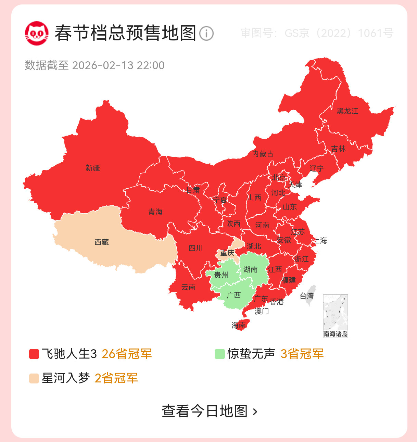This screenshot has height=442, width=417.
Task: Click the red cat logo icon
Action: pyautogui.click(x=36, y=33)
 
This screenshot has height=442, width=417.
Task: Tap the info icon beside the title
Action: pyautogui.click(x=206, y=34)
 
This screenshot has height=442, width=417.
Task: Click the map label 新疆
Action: pyautogui.click(x=93, y=168)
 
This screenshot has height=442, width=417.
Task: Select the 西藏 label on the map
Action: pyautogui.click(x=102, y=242)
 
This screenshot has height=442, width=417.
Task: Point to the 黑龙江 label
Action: pyautogui.click(x=347, y=111)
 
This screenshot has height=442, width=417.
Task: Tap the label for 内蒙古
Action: pyautogui.click(x=263, y=154)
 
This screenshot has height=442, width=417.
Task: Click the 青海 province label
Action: pyautogui.click(x=155, y=212)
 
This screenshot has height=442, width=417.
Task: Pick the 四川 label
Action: pyautogui.click(x=196, y=248)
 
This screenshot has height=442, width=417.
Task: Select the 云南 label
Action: pyautogui.click(x=188, y=287)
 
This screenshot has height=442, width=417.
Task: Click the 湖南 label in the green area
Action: pyautogui.click(x=251, y=269)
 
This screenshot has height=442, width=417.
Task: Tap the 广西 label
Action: pyautogui.click(x=234, y=295)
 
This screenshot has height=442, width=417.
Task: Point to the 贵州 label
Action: pyautogui.click(x=221, y=275)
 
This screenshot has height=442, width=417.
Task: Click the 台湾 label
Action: pyautogui.click(x=307, y=296)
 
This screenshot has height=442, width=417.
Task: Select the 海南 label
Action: pyautogui.click(x=239, y=325)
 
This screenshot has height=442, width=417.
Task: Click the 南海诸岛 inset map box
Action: pyautogui.click(x=336, y=316)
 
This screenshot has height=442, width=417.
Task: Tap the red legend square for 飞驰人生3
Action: pyautogui.click(x=34, y=354)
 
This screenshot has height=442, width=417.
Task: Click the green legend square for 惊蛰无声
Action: pyautogui.click(x=219, y=354)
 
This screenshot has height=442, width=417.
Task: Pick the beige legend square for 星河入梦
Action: pyautogui.click(x=34, y=379)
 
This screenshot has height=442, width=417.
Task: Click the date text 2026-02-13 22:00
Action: pyautogui.click(x=118, y=65)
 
